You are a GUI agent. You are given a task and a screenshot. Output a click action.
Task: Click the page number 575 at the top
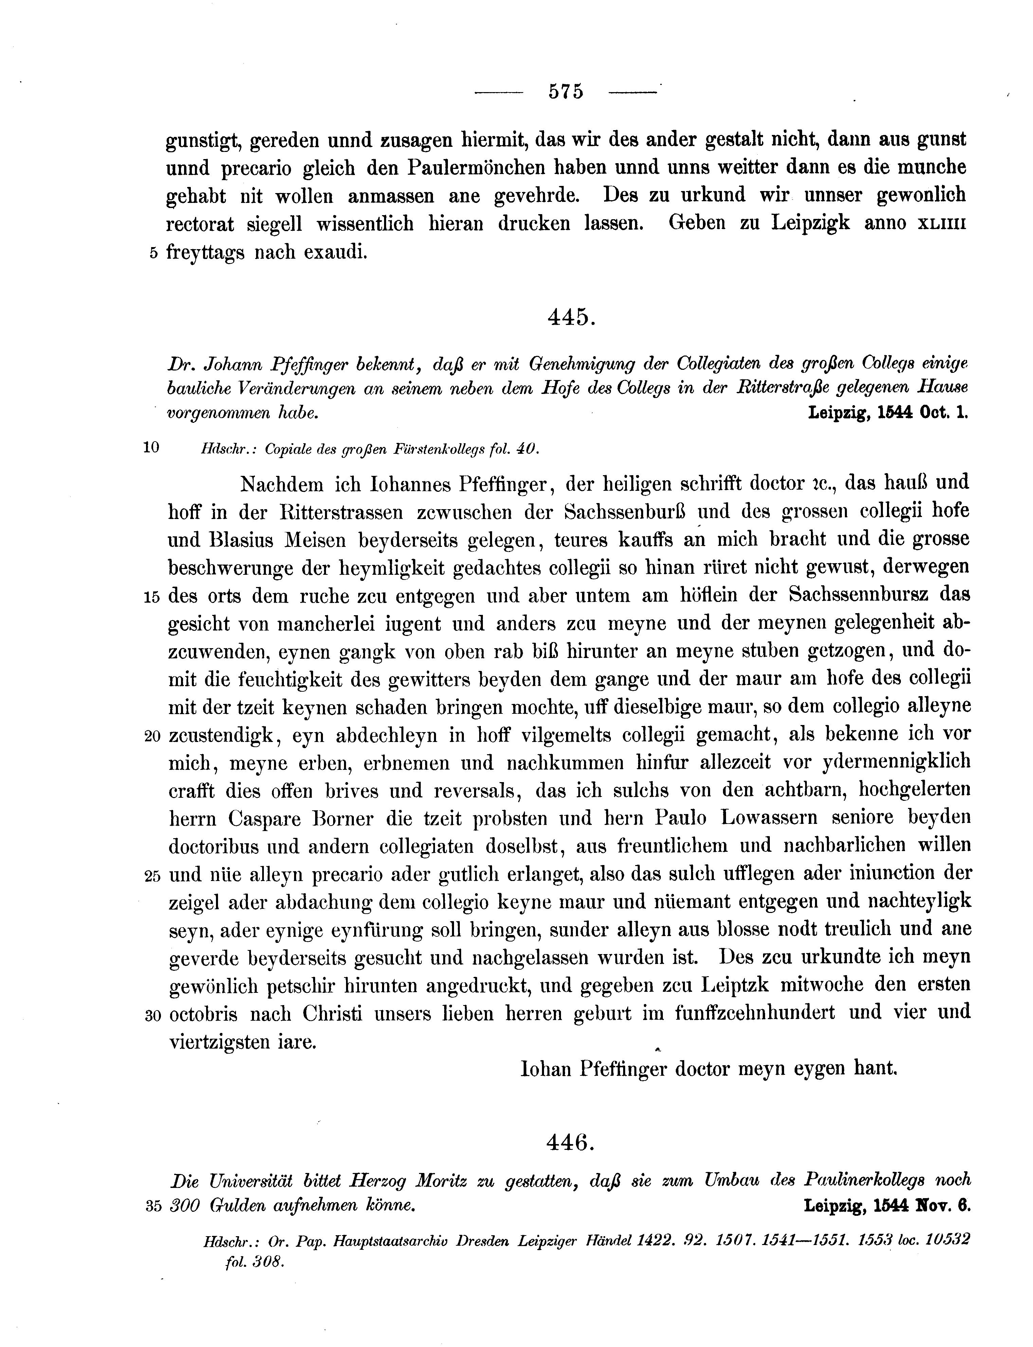(x=565, y=92)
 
